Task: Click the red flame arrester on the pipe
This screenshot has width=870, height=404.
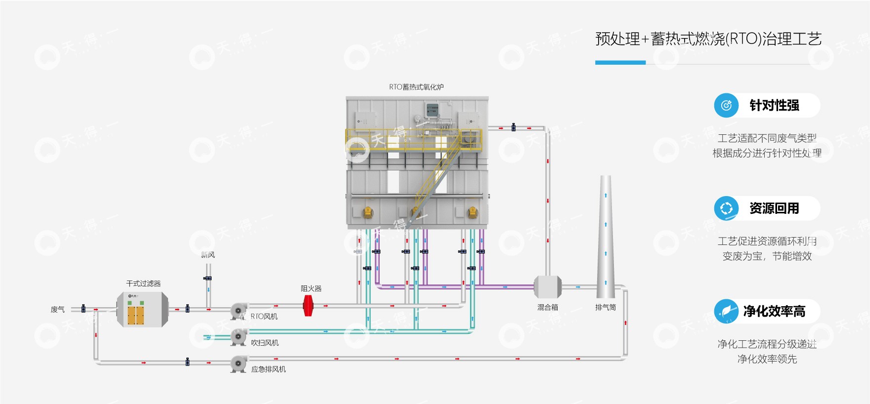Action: [x=308, y=306]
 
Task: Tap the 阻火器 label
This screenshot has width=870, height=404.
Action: [x=311, y=288]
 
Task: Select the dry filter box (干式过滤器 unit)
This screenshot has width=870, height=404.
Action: [x=142, y=309]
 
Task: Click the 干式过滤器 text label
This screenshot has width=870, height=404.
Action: [x=143, y=283]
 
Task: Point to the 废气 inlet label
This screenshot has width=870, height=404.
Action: [x=58, y=310]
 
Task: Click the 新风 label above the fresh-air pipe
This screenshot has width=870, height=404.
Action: [x=208, y=255]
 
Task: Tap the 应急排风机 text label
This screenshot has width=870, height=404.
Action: [x=268, y=369]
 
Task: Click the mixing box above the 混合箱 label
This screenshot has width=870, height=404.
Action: [x=548, y=287]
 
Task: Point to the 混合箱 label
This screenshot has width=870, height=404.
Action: [x=548, y=307]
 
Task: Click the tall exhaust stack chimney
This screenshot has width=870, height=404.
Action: [x=606, y=237]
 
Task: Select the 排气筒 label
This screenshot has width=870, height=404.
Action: [x=606, y=307]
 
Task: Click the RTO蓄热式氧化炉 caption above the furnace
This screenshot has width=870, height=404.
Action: [x=416, y=87]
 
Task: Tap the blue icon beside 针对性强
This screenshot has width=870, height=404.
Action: [x=726, y=105]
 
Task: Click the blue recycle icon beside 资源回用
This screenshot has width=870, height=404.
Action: [x=726, y=208]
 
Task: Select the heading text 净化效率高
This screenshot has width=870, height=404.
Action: [x=774, y=311]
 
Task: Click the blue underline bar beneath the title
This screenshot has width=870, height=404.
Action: [x=620, y=63]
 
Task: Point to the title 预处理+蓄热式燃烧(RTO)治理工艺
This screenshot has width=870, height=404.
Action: [x=708, y=39]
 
